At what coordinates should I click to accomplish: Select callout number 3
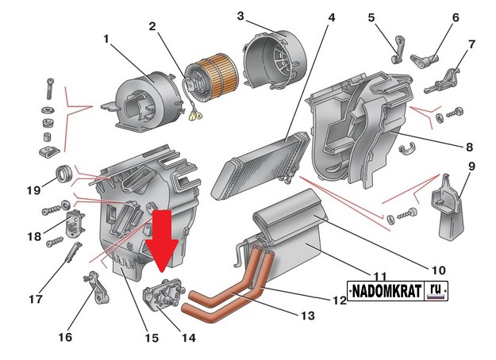coord(240,16)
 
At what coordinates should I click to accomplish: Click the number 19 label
coord(33,190)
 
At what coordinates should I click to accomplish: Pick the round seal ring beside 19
coord(62,174)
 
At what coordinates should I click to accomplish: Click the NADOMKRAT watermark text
coord(386,292)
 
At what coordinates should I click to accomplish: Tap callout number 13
coord(308,316)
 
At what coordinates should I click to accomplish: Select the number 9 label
coord(471,167)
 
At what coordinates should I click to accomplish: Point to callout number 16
coord(65,337)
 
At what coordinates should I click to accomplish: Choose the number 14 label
coord(188,337)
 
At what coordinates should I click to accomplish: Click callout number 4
coord(332,17)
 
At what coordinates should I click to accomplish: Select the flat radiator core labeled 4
coord(258,159)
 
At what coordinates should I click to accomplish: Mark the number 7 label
coord(471,44)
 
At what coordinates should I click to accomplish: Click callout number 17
coord(35,300)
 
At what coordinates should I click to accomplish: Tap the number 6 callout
coord(456,17)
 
